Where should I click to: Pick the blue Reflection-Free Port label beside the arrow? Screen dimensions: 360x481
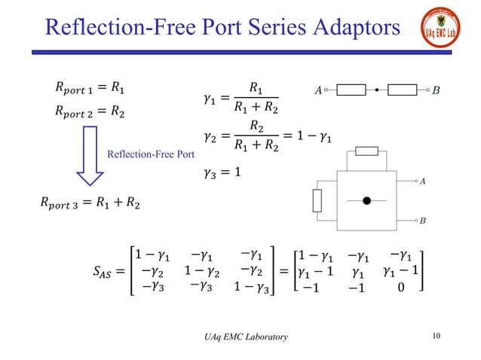[x=152, y=155]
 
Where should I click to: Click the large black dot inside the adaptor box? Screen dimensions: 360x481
[x=367, y=201]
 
